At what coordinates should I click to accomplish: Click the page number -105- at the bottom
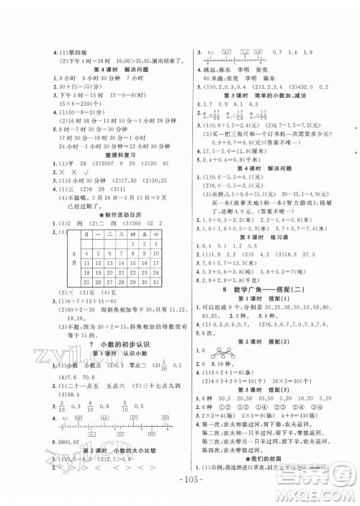[x=180, y=484]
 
